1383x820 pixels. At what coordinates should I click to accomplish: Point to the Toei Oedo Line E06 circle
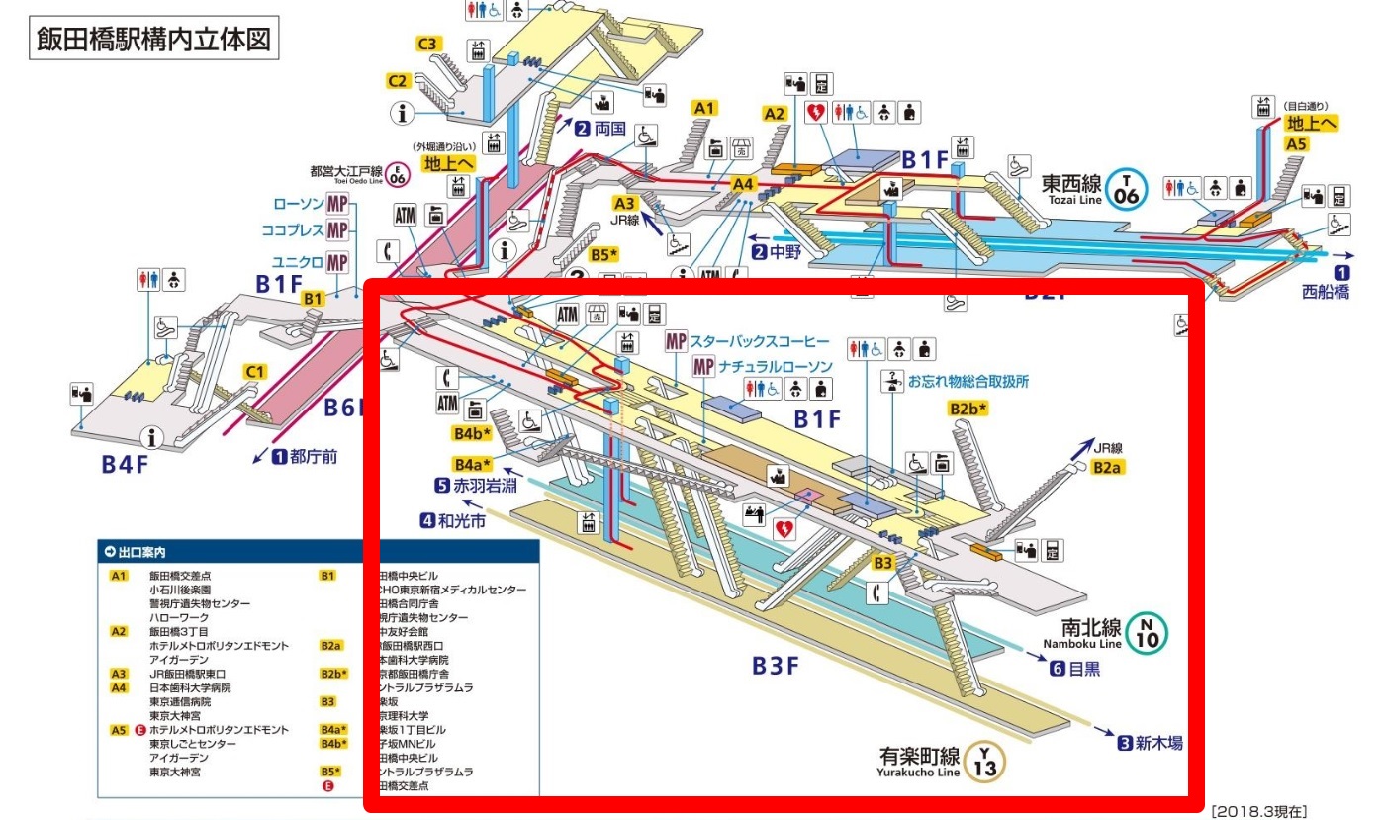click(397, 175)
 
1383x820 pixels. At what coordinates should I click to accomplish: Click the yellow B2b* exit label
click(968, 409)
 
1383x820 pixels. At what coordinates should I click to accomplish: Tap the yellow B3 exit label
click(883, 562)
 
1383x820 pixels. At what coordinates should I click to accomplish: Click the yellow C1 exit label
click(256, 372)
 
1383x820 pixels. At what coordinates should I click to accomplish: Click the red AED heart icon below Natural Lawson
click(784, 528)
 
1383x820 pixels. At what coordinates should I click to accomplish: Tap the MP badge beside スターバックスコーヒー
click(677, 342)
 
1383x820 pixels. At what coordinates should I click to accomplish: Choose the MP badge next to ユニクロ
click(338, 262)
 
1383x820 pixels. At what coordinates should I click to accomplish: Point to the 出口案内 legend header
click(139, 551)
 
